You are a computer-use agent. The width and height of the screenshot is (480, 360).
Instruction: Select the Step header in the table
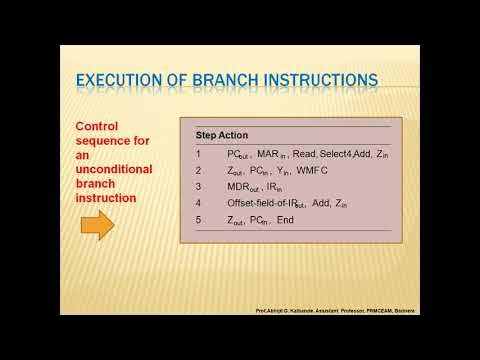pos(207,135)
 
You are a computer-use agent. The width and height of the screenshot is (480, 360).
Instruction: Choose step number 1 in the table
pos(198,154)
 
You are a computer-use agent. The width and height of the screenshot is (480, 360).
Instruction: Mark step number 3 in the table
pos(198,186)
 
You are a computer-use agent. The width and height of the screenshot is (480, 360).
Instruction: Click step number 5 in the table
pos(198,219)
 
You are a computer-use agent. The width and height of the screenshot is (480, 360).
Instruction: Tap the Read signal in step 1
pos(305,154)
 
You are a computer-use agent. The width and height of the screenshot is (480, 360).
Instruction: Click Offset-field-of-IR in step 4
pos(263,202)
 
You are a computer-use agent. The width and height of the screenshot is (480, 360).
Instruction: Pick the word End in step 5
pos(286,219)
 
